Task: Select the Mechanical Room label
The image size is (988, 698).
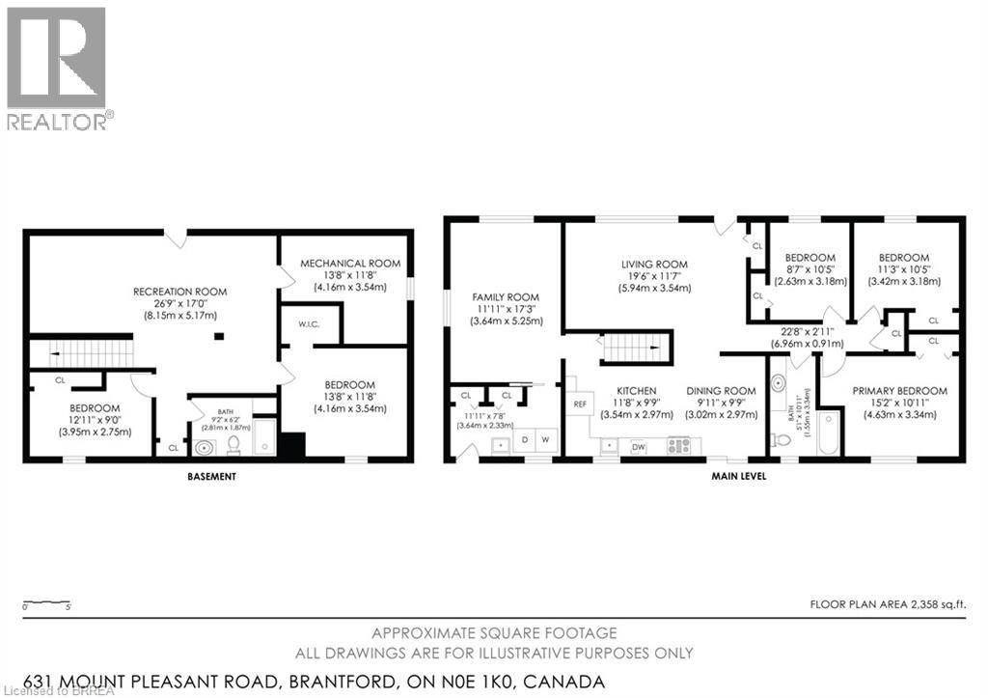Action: click(348, 264)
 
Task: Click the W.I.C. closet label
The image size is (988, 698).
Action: click(308, 324)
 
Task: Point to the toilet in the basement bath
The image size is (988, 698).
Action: click(233, 445)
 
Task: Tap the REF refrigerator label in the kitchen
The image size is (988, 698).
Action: click(581, 405)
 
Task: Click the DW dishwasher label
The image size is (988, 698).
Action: click(638, 447)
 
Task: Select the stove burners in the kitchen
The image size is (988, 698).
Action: click(679, 446)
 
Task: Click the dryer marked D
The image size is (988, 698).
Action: click(524, 439)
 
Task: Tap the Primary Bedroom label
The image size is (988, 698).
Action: click(898, 391)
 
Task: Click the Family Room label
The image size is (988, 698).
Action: click(505, 297)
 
